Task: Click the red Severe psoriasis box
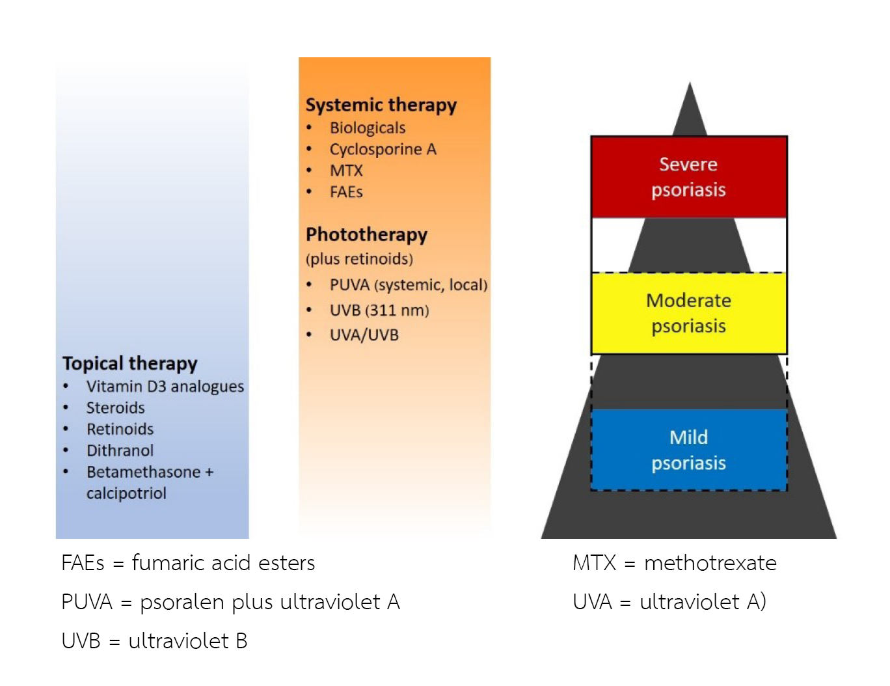click(688, 177)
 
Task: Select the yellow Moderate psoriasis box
click(688, 313)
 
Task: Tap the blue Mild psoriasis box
click(688, 450)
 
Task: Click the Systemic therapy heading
click(381, 105)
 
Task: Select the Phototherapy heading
click(366, 234)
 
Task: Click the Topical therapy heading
click(129, 363)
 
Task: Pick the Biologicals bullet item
click(368, 128)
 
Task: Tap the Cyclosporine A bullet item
click(383, 149)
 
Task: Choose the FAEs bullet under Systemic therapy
click(346, 192)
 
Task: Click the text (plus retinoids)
click(359, 259)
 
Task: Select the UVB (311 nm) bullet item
click(379, 310)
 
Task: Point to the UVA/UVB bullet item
click(364, 335)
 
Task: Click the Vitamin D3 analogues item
click(165, 386)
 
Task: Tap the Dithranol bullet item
click(120, 450)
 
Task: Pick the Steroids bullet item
click(116, 407)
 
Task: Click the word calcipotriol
click(126, 493)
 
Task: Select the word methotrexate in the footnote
click(710, 563)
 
